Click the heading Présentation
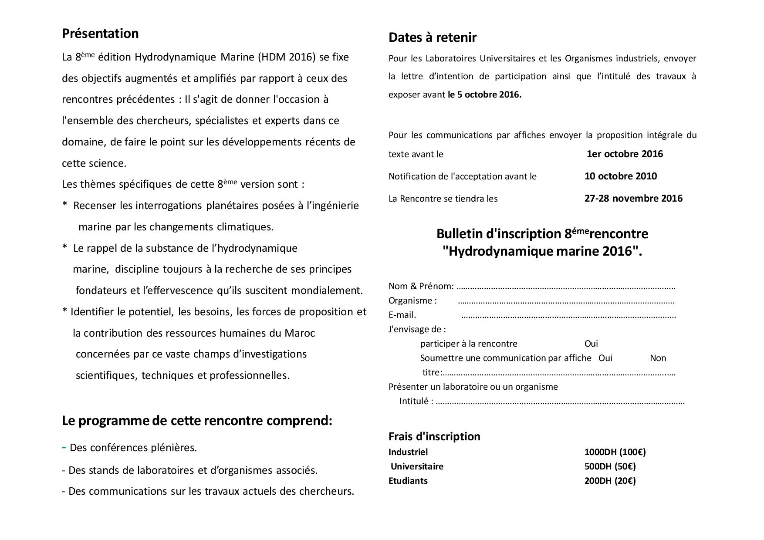[100, 34]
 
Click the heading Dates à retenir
[432, 37]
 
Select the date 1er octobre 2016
[625, 154]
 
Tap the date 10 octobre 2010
[620, 176]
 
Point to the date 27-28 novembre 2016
[633, 198]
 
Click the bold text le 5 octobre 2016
[484, 94]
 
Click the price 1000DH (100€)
[615, 452]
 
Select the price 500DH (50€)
[610, 466]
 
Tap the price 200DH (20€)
[610, 481]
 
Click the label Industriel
[408, 452]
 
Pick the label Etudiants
[408, 481]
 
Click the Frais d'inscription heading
[434, 436]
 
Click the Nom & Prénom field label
[421, 286]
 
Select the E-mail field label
[402, 315]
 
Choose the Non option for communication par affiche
[658, 358]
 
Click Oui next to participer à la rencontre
[591, 344]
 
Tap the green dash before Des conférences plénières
[64, 447]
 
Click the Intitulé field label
[416, 401]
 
